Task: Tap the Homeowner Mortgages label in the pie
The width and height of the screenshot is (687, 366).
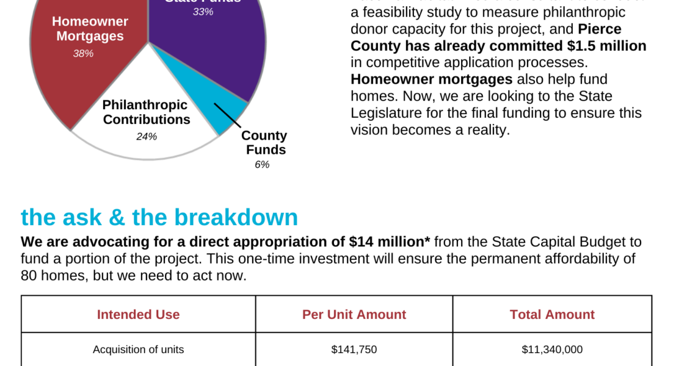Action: point(90,29)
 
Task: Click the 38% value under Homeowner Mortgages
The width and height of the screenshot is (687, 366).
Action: point(83,54)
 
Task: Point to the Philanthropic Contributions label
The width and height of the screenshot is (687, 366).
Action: point(146,112)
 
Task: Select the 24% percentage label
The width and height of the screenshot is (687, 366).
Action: point(147,137)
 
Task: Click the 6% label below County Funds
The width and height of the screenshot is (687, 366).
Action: point(262,165)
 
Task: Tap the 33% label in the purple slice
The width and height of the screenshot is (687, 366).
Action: point(203,12)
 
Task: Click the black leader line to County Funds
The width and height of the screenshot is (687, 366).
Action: point(228,117)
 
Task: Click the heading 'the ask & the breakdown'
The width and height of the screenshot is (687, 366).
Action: point(159,217)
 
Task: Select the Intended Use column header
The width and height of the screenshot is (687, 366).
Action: point(138,315)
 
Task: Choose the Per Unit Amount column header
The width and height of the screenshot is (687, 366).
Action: point(354,315)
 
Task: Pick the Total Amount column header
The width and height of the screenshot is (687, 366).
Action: point(552,315)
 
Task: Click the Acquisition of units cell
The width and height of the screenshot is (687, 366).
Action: point(138,350)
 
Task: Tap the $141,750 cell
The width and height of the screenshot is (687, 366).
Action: point(354,350)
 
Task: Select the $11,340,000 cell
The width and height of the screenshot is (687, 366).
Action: point(552,350)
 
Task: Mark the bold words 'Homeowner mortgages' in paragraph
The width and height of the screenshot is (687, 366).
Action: point(431,79)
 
